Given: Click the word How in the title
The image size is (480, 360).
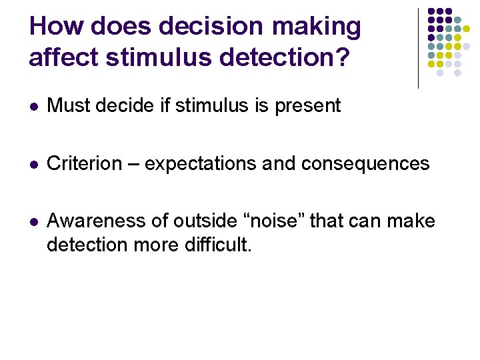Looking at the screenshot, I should point(57,27).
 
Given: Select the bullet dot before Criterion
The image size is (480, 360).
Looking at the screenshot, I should point(33,164).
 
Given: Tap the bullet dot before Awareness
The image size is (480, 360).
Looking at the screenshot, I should point(33,221).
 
